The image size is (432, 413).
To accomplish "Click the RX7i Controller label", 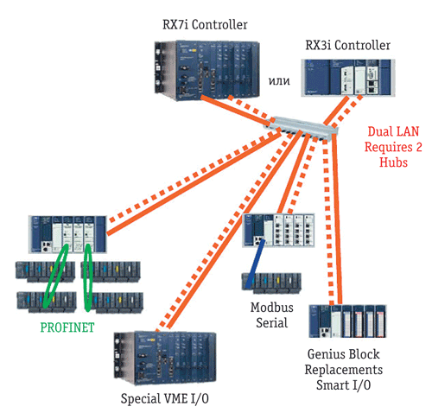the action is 205,25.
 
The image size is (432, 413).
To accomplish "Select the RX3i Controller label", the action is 347,45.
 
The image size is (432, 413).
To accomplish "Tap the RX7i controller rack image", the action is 206,70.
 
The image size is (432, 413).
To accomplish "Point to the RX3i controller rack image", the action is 348,78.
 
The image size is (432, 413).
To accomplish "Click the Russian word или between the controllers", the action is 279,81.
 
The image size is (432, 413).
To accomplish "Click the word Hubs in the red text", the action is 393,162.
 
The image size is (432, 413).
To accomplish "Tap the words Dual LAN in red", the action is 393,131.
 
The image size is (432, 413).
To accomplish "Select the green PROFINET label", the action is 67,327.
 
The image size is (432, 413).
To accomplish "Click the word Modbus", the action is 272,308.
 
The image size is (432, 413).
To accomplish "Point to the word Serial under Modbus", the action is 272,322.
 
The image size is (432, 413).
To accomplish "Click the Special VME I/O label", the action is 164,399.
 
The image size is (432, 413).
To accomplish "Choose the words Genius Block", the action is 343,354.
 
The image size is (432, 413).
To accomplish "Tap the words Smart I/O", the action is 343,385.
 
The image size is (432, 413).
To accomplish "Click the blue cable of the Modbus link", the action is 256,264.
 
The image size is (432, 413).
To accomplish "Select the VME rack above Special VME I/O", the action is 165,359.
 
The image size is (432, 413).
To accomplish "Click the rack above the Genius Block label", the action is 347,321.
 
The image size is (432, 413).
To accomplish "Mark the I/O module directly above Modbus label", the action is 271,283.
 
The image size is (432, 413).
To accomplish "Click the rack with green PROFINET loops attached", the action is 67,234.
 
